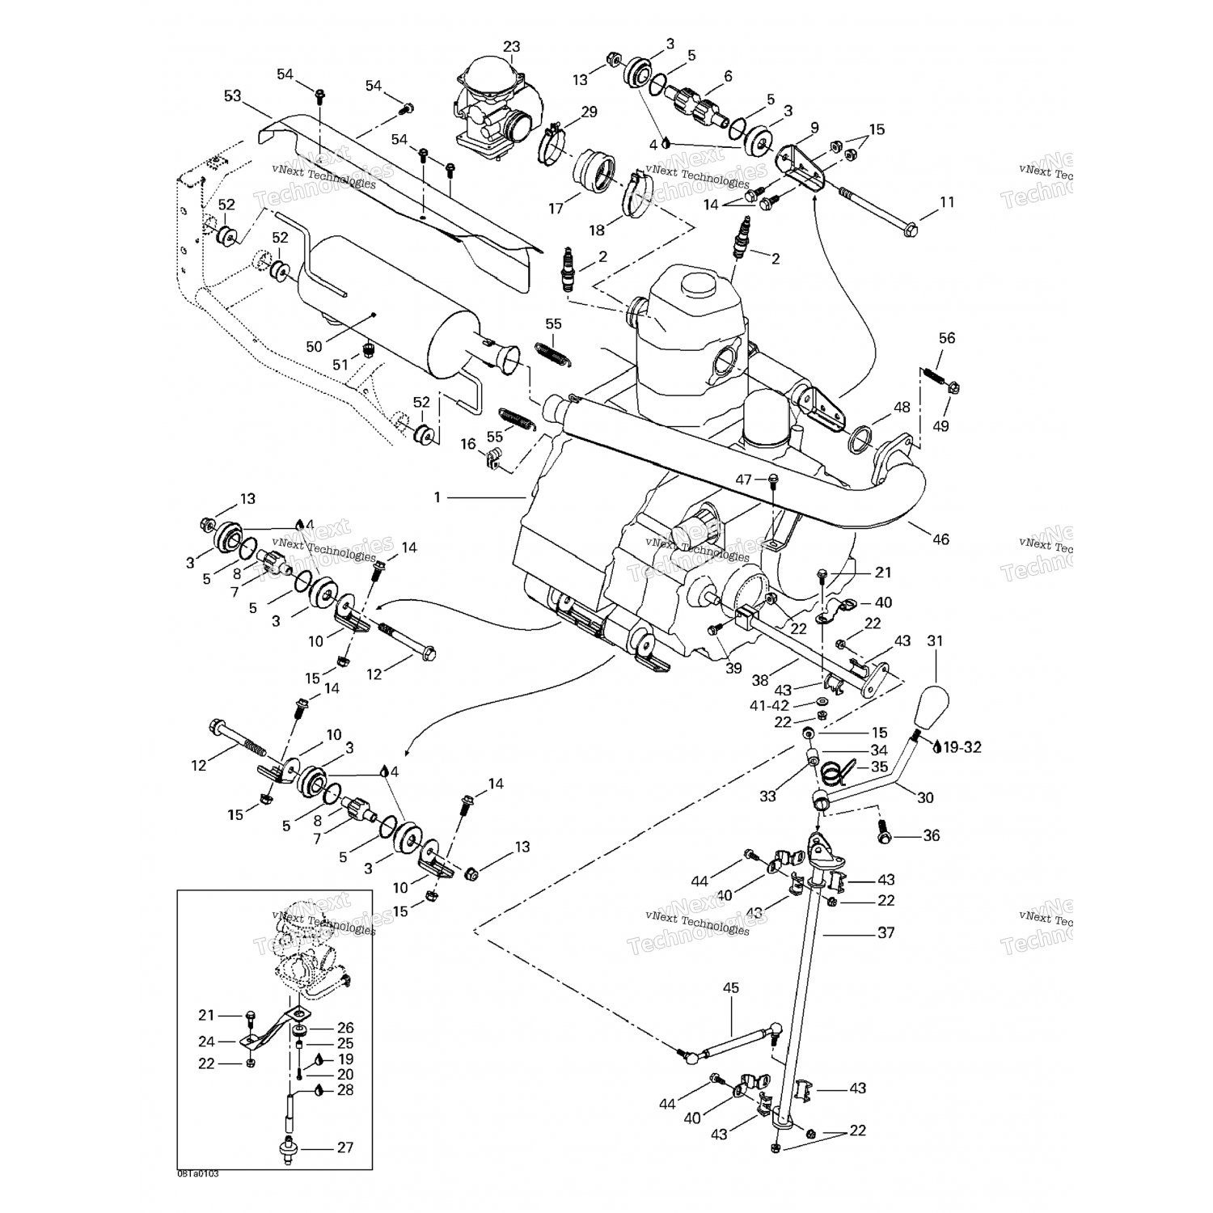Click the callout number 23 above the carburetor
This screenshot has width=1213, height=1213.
(511, 47)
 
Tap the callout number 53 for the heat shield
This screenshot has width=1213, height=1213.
(233, 96)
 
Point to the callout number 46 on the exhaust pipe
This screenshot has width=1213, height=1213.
(940, 539)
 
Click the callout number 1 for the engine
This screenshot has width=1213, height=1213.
(437, 497)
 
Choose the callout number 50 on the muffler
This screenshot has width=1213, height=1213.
(314, 347)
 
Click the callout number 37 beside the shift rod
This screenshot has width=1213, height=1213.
(886, 932)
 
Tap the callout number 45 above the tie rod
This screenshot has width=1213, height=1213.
(731, 987)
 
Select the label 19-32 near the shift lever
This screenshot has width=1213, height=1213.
(962, 747)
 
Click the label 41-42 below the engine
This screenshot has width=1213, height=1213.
(769, 705)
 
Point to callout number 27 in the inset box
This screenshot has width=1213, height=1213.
(344, 1147)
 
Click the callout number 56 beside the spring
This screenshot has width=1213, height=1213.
(946, 338)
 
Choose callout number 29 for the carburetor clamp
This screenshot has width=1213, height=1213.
(589, 112)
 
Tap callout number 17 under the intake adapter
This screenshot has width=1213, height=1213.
(556, 209)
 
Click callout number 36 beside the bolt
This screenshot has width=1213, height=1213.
(931, 835)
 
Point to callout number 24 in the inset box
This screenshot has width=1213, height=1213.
(206, 1042)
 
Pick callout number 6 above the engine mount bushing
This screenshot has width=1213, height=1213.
(728, 76)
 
